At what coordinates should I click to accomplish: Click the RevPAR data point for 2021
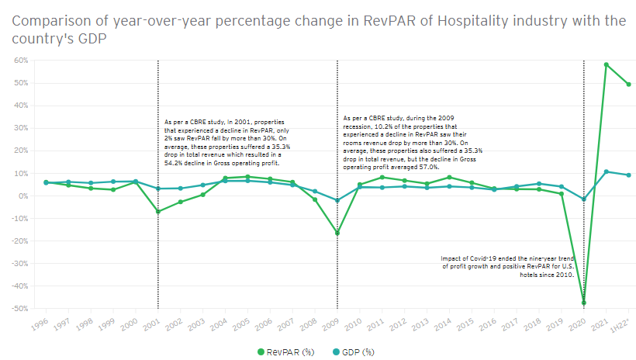click(x=606, y=65)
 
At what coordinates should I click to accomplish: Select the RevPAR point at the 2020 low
click(x=583, y=303)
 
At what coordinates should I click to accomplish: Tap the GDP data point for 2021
click(x=606, y=171)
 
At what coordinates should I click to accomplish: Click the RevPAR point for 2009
click(x=337, y=233)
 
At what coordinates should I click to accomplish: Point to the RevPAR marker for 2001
click(x=158, y=211)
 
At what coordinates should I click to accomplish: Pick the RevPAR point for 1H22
click(x=627, y=85)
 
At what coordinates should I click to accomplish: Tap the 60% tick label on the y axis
click(x=20, y=61)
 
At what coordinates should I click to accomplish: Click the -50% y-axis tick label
click(x=19, y=309)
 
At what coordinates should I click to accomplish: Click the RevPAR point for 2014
click(x=449, y=178)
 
